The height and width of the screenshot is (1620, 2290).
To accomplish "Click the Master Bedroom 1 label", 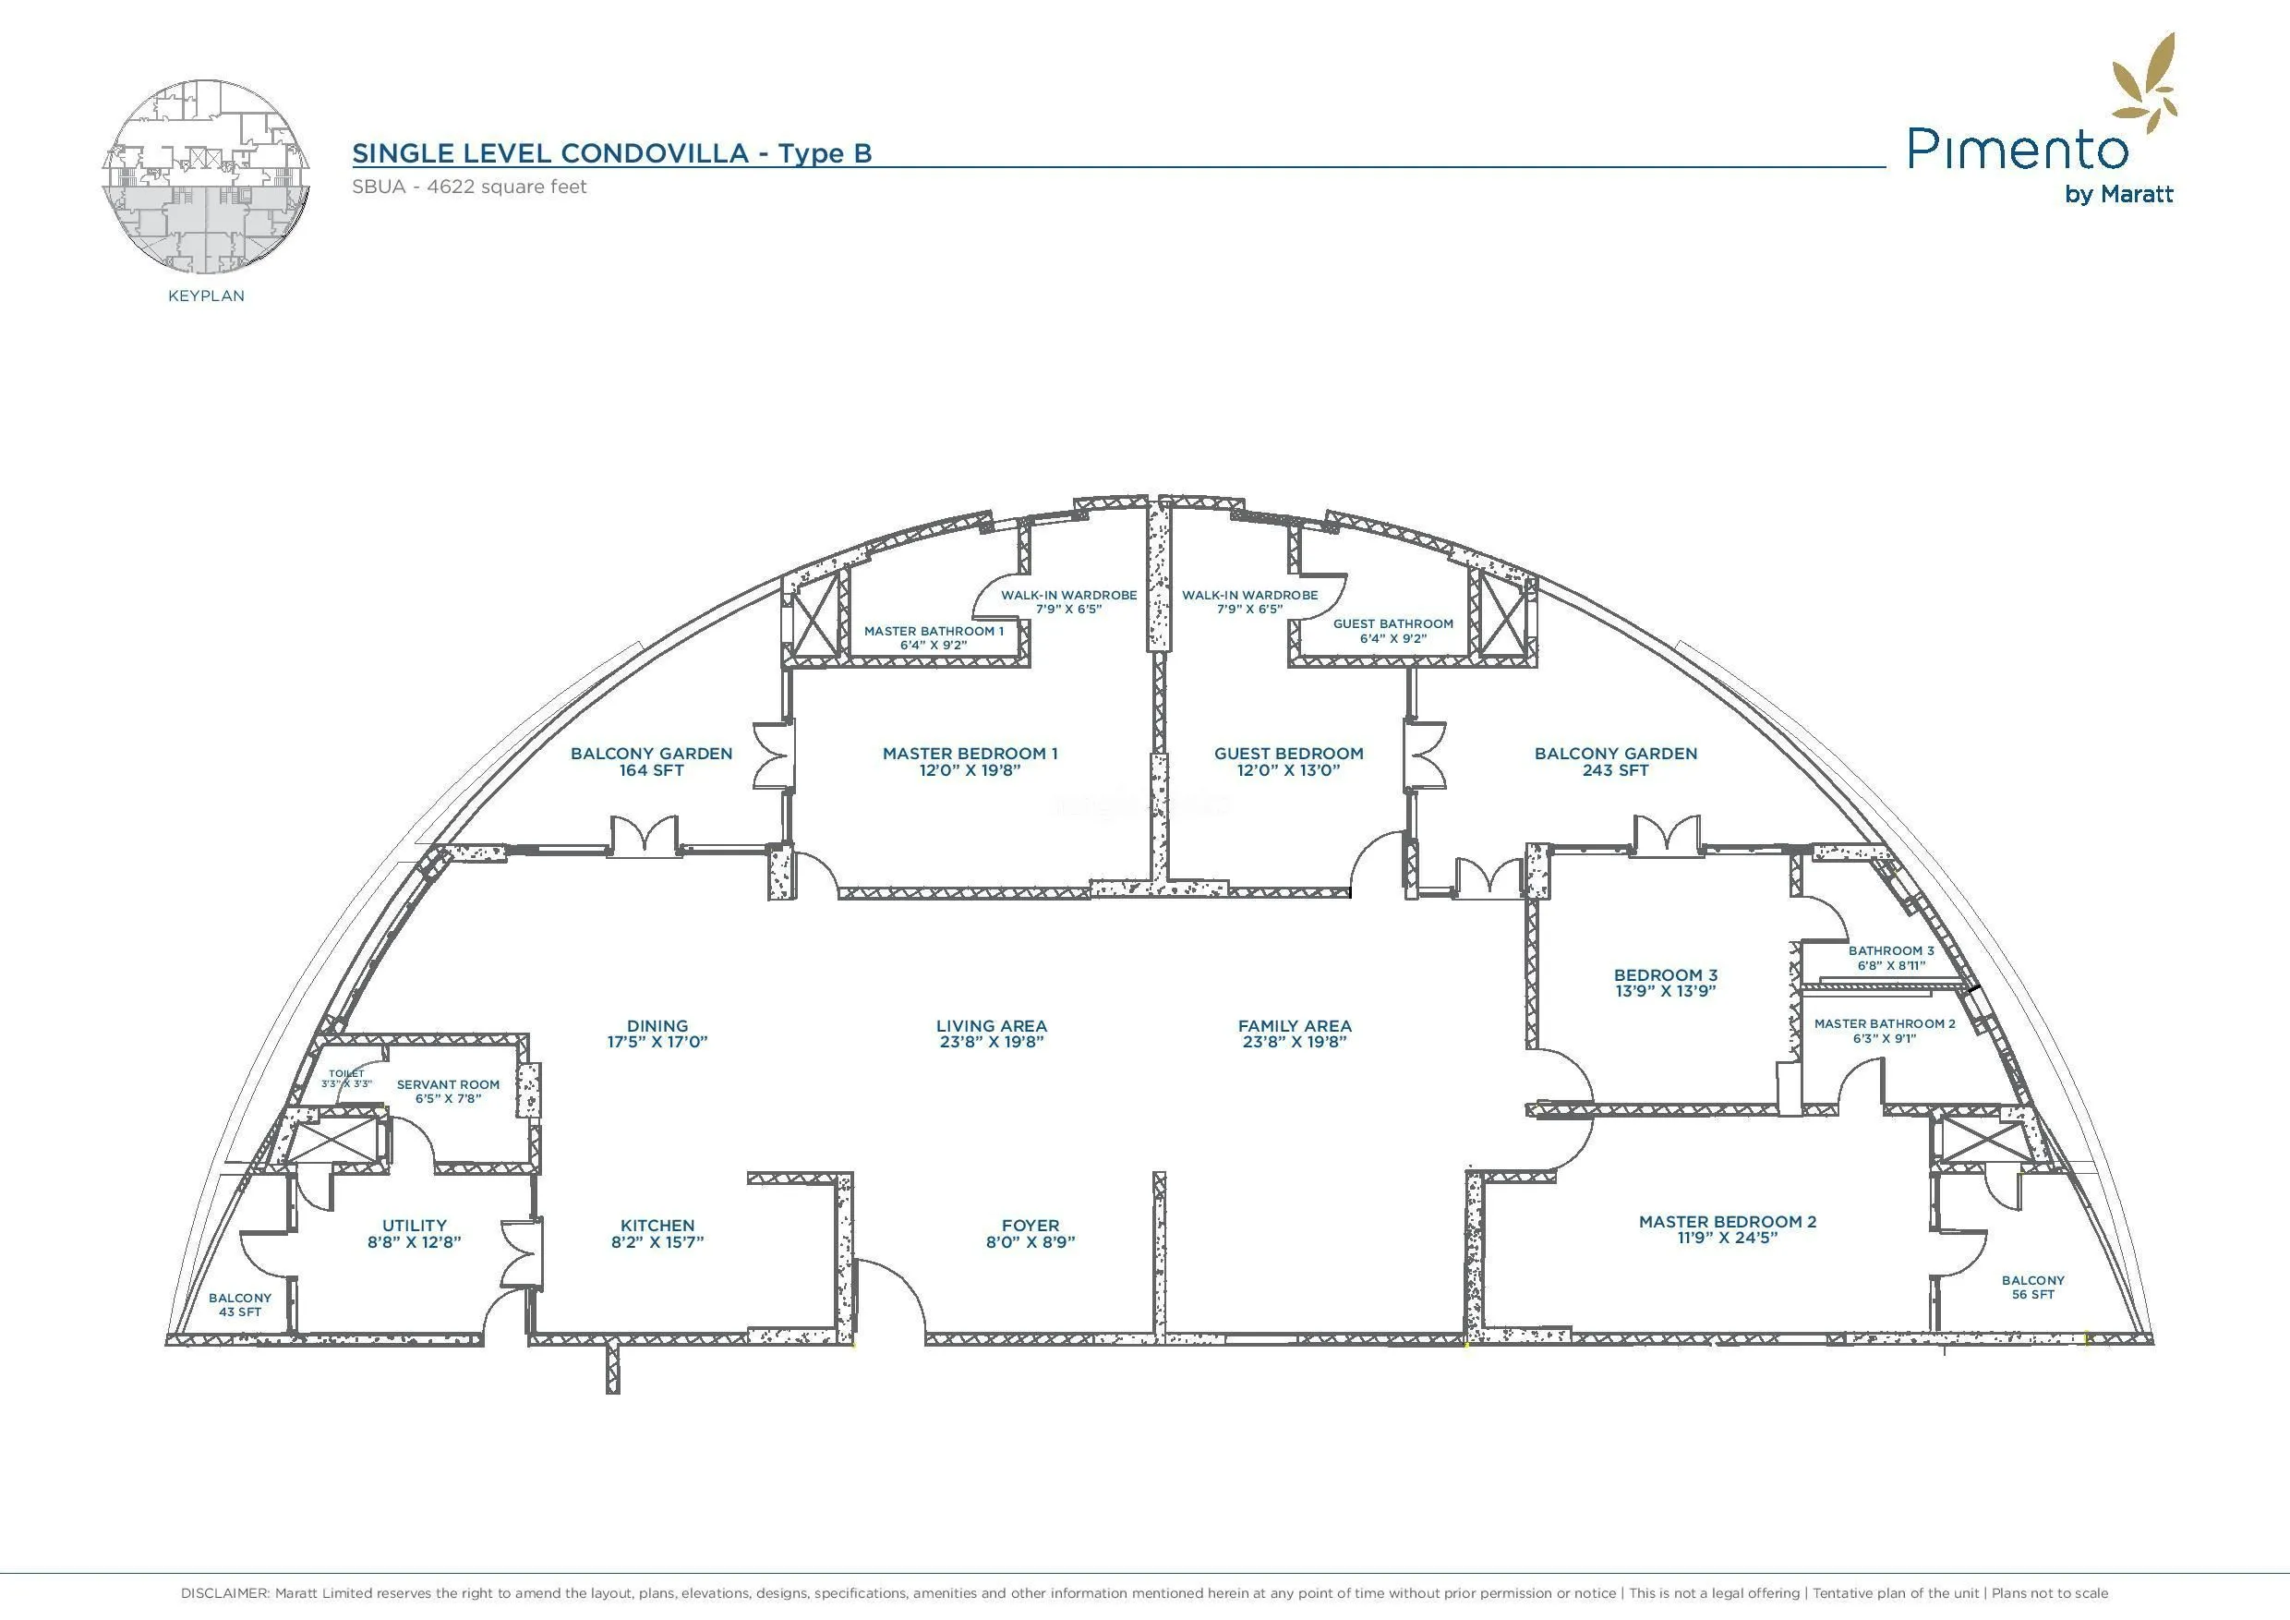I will pyautogui.click(x=970, y=753).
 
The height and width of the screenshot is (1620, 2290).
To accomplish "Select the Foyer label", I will pyautogui.click(x=1030, y=1225).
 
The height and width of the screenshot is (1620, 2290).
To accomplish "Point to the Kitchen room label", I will pyautogui.click(x=657, y=1225).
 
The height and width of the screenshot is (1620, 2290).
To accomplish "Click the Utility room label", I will pyautogui.click(x=414, y=1225).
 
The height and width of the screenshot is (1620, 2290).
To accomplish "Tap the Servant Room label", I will pyautogui.click(x=448, y=1084).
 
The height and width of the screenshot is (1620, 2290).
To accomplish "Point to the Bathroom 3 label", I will pyautogui.click(x=1891, y=950).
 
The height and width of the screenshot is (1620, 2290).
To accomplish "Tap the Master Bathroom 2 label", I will pyautogui.click(x=1884, y=1023).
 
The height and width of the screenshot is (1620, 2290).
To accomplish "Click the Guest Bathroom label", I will pyautogui.click(x=1392, y=623).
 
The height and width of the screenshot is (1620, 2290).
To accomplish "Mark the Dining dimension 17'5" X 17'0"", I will pyautogui.click(x=657, y=1043).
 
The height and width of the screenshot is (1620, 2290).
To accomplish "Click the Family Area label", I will pyautogui.click(x=1295, y=1025).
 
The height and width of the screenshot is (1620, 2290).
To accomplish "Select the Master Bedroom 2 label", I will pyautogui.click(x=1728, y=1221).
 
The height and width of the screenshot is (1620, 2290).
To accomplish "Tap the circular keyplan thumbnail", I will pyautogui.click(x=206, y=176).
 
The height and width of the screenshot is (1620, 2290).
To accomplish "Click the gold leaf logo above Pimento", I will pyautogui.click(x=2144, y=85).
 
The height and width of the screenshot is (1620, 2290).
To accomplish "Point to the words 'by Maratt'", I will pyautogui.click(x=2118, y=195).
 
